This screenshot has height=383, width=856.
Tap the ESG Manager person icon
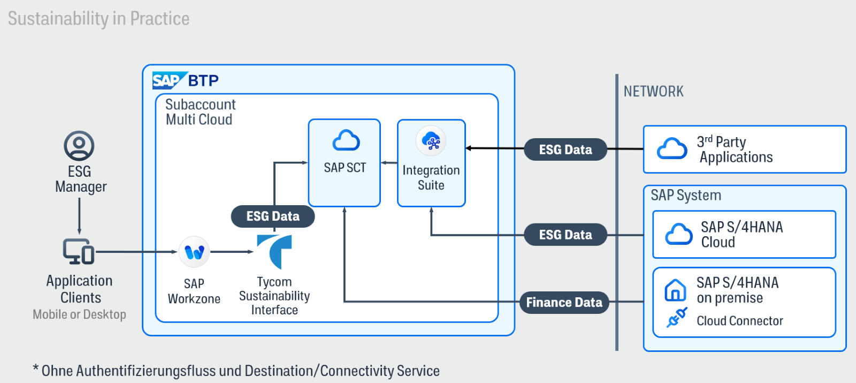pos(79,146)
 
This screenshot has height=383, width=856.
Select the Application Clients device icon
pos(79,251)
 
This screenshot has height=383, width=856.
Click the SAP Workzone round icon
pos(194,252)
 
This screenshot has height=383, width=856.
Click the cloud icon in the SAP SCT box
pos(346,140)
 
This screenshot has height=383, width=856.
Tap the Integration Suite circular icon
pos(431,141)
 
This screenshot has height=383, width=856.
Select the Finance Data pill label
pos(564,303)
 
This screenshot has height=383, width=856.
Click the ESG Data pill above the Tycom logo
pos(273,216)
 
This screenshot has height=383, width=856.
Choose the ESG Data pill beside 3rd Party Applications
pos(565,149)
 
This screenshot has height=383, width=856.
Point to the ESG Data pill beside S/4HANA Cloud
pos(565,235)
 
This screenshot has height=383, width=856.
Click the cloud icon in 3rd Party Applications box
pos(672,149)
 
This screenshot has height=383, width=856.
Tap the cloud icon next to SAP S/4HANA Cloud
pos(679,235)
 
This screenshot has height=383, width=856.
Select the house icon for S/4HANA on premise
pos(675,290)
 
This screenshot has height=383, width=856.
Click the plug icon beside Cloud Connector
pos(676,318)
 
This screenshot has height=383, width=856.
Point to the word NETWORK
pos(653,92)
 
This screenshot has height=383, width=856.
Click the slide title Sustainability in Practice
pos(98,19)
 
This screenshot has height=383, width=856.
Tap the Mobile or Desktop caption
pos(79,314)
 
